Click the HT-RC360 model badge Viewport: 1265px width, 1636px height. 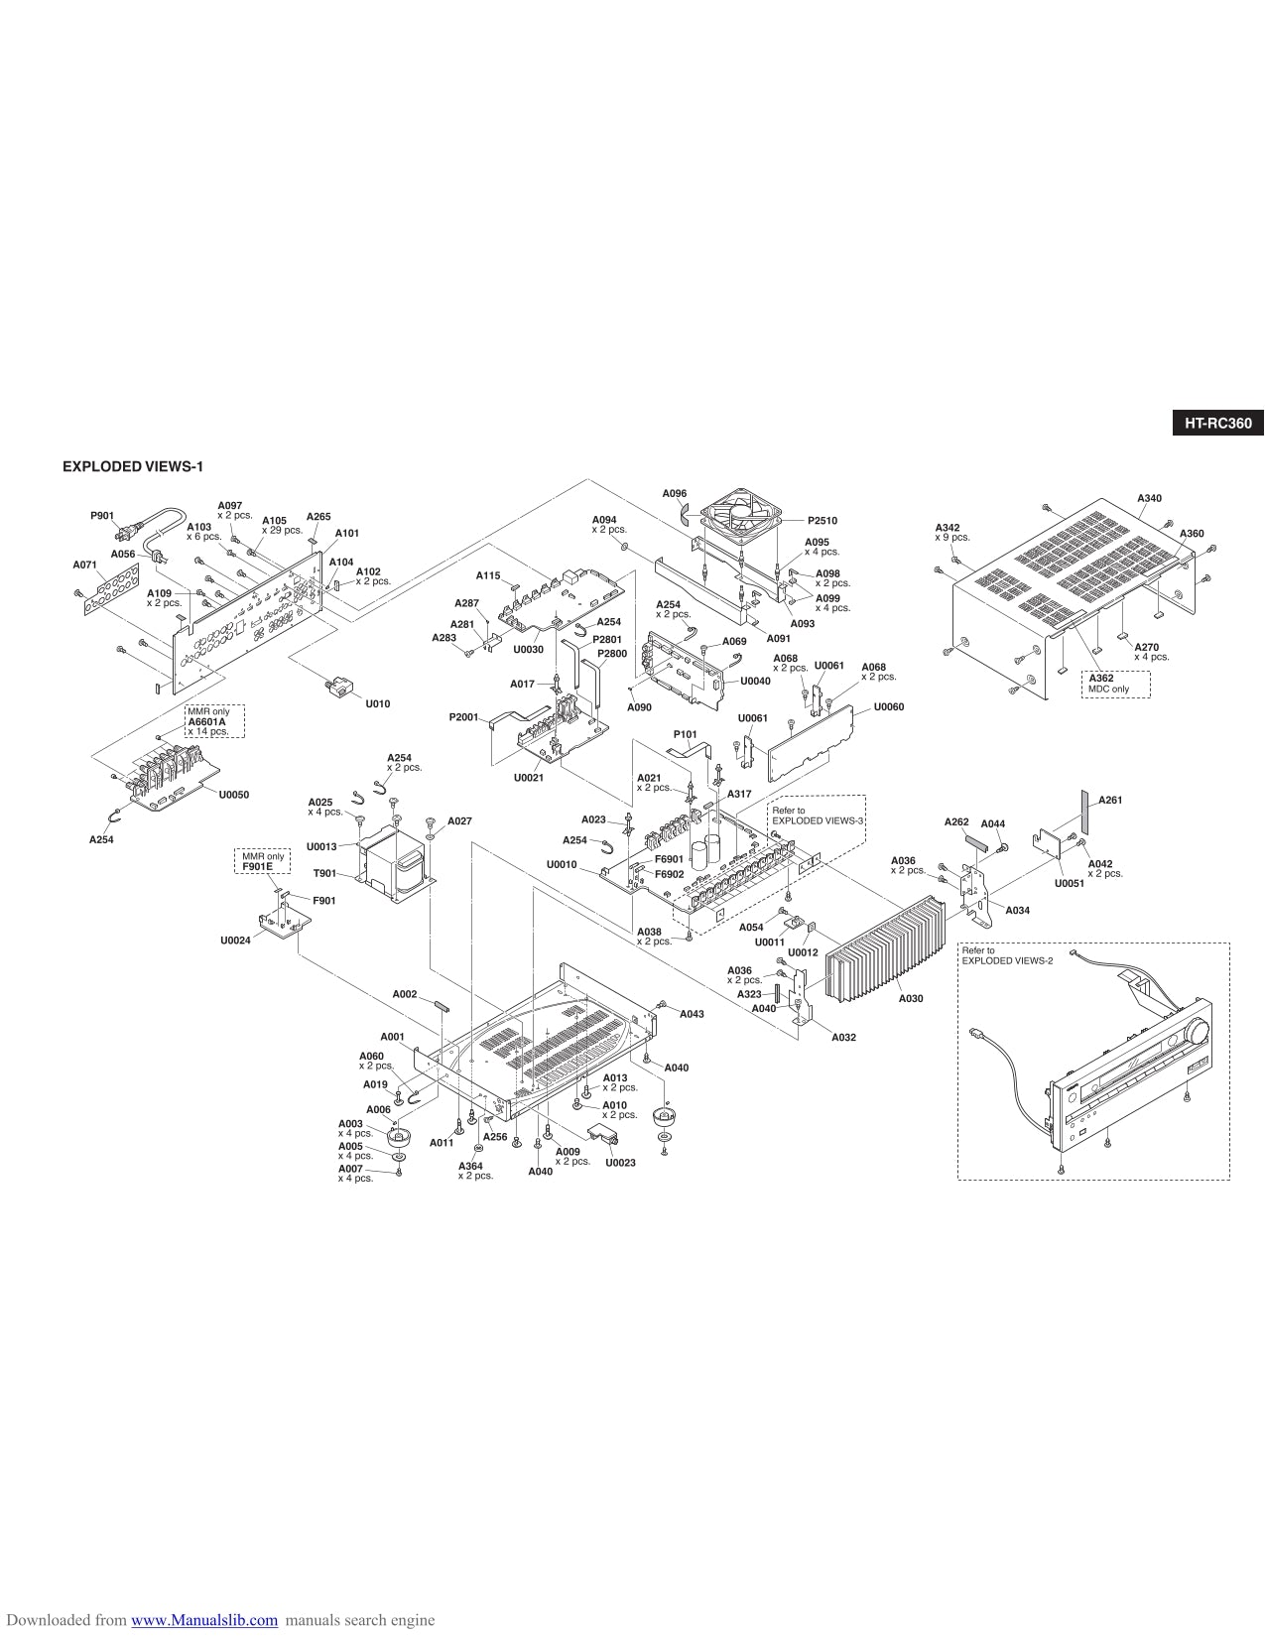point(1217,424)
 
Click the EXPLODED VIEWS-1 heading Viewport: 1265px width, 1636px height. point(134,466)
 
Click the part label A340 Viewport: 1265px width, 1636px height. point(1149,498)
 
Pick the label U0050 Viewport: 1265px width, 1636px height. point(233,795)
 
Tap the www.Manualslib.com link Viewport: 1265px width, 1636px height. point(204,1620)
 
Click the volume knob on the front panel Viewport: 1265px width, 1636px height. point(1195,1033)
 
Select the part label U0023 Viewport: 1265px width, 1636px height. point(620,1162)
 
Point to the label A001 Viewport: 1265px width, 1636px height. point(392,1036)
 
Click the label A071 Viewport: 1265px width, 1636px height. point(84,565)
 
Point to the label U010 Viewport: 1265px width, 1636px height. point(377,703)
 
